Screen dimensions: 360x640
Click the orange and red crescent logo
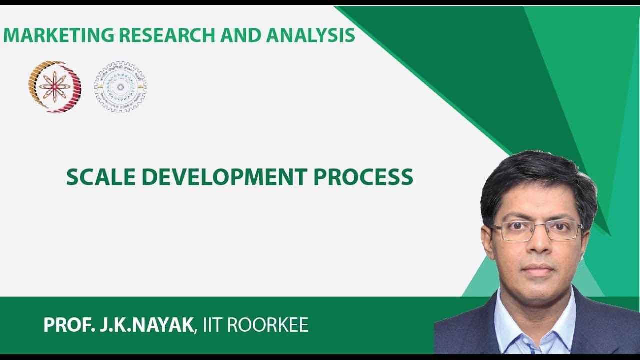(x=54, y=86)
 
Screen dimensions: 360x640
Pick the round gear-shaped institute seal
(x=120, y=86)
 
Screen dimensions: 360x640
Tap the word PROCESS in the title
(x=363, y=177)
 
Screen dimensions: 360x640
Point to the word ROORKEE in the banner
(x=268, y=325)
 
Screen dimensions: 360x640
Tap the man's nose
(x=538, y=247)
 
